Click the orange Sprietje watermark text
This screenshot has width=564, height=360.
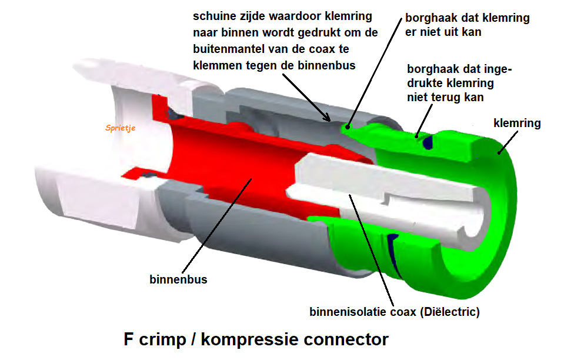click(121, 127)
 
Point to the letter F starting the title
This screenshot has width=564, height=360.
click(128, 339)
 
